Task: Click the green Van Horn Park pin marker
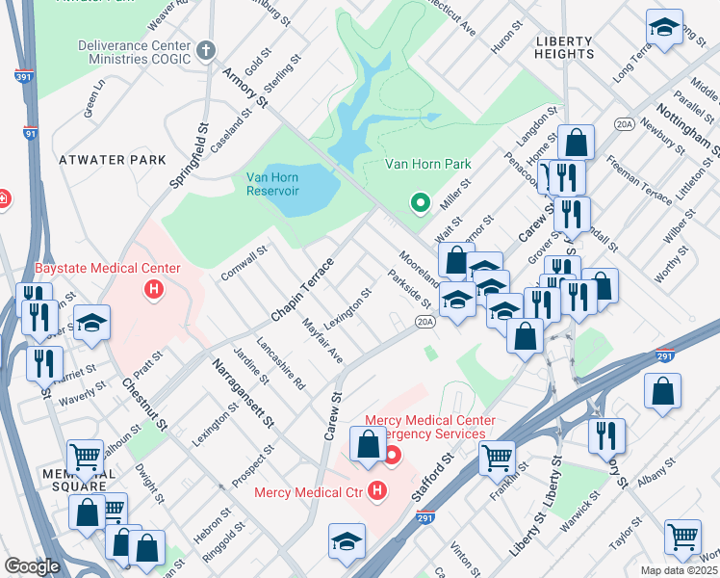point(420,202)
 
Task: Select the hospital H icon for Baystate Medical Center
point(152,288)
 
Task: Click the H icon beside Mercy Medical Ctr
point(376,492)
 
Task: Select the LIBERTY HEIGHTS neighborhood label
point(565,47)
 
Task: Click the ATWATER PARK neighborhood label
point(112,159)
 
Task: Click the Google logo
point(32,566)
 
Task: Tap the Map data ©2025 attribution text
point(679,570)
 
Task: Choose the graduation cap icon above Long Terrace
point(664,29)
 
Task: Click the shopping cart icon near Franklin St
point(497,459)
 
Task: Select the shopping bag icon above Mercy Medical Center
point(368,444)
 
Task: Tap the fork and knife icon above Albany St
point(606,433)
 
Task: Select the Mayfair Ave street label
point(322,339)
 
